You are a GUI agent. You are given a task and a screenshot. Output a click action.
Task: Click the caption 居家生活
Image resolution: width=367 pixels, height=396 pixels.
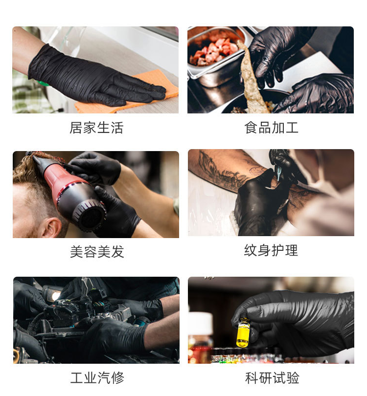click(96, 128)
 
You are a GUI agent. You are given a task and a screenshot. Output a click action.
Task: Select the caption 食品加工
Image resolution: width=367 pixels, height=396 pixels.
click(271, 128)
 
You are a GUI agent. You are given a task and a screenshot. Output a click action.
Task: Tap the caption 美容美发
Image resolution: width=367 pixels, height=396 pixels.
click(96, 252)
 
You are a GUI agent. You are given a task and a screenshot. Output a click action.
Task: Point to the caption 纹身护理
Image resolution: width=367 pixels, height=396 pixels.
click(271, 250)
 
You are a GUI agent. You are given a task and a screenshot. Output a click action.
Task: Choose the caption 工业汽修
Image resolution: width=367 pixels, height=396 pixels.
click(97, 378)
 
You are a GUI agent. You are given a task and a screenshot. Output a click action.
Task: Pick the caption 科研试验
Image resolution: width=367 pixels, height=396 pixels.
click(272, 378)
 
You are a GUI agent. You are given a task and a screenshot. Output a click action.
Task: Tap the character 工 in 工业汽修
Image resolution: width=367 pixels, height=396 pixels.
click(77, 378)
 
